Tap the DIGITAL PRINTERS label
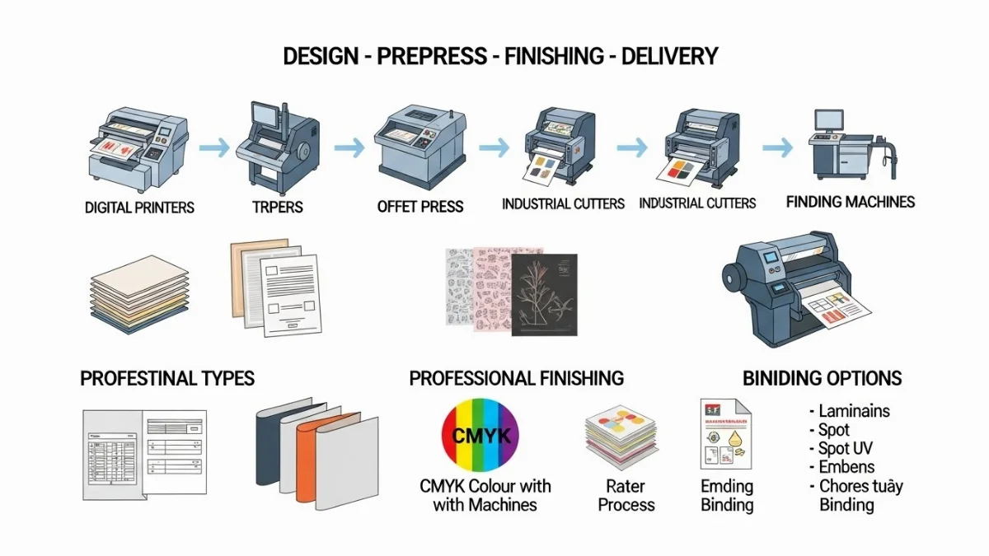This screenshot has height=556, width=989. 139,207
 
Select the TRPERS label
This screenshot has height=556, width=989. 278,207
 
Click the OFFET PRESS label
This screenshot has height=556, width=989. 420,206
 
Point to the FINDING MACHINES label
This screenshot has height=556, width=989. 850,202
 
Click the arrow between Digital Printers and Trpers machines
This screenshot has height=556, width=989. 214,148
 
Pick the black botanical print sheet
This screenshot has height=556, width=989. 544,294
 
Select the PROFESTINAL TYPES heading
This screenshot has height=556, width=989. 167,379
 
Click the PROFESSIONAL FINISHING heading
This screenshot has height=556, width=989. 517,379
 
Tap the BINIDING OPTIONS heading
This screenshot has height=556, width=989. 823,379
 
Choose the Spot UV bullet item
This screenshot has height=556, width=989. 845,449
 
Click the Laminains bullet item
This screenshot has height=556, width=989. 854,410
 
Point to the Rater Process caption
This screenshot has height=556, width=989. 626,495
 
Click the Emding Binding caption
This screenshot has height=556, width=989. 727,495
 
